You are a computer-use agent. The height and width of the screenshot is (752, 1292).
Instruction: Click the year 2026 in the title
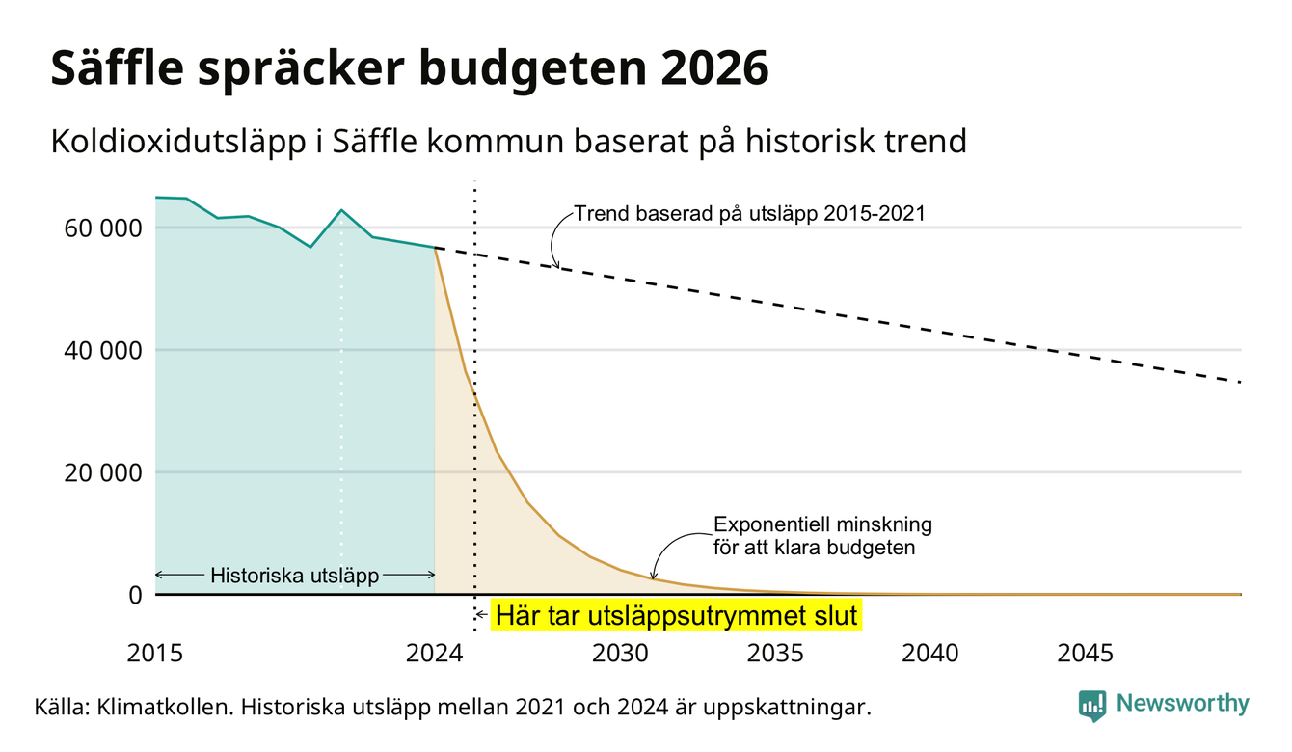[x=714, y=68]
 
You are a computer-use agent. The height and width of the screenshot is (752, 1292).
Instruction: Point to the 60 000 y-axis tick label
[x=102, y=228]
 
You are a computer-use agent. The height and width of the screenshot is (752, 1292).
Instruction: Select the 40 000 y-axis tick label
[x=102, y=351]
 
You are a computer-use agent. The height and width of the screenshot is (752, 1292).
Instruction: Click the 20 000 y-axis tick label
[x=102, y=472]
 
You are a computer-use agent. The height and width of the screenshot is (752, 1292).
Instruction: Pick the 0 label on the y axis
[x=135, y=595]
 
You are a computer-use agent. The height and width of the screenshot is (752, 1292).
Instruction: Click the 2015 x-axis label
[x=154, y=654]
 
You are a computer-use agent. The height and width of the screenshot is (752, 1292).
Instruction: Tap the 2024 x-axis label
[x=434, y=654]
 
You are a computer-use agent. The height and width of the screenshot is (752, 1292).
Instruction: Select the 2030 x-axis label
[x=620, y=654]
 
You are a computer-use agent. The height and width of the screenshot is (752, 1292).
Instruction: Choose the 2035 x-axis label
[x=775, y=654]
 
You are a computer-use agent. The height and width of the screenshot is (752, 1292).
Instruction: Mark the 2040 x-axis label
[x=929, y=654]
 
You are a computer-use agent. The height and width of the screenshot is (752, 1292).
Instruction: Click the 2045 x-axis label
[x=1085, y=654]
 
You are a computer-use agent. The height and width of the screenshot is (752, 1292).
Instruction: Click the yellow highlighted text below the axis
[x=676, y=615]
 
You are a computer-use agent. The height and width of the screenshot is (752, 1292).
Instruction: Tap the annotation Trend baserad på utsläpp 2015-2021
[x=749, y=214]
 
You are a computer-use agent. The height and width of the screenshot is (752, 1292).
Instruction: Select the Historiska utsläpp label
[x=294, y=576]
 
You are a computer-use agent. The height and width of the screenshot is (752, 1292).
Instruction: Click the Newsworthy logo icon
[x=1091, y=706]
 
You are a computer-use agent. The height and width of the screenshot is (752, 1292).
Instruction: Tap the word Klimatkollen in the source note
[x=164, y=707]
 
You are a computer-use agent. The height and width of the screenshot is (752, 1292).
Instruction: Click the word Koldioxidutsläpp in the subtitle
[x=178, y=142]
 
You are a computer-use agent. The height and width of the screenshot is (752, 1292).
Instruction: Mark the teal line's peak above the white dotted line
[x=341, y=210]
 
